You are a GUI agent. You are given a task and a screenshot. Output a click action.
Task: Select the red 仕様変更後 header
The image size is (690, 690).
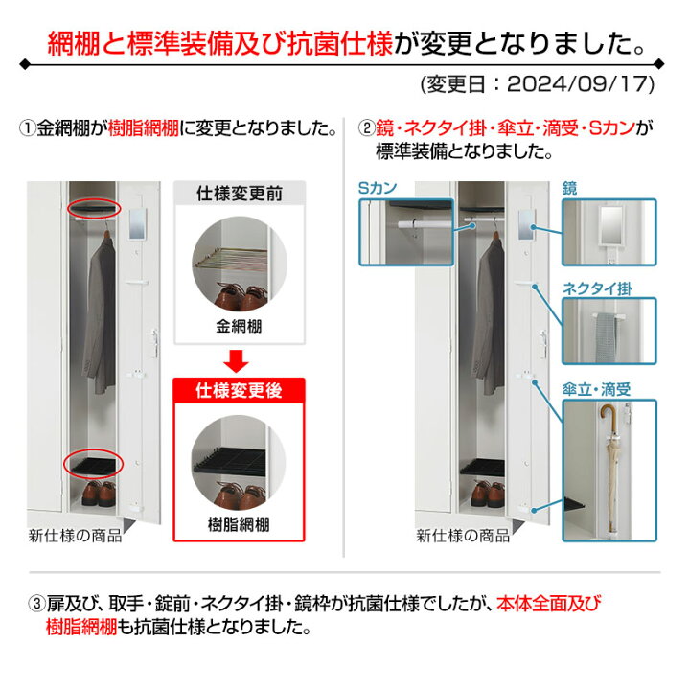coord(238,391)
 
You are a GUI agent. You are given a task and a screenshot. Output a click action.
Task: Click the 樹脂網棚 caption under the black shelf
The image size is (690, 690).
coord(238,524)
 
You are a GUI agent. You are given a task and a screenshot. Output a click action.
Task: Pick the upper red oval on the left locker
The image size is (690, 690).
coord(94,209)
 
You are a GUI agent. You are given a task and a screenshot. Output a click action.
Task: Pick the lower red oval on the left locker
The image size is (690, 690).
coord(93,465)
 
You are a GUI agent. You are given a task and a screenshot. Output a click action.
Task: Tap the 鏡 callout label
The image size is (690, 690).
coord(569,188)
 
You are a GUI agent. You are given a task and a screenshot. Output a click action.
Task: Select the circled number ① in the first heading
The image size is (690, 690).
coord(27,126)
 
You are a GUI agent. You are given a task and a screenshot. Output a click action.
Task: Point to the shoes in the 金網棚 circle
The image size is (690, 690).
coord(238,292)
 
